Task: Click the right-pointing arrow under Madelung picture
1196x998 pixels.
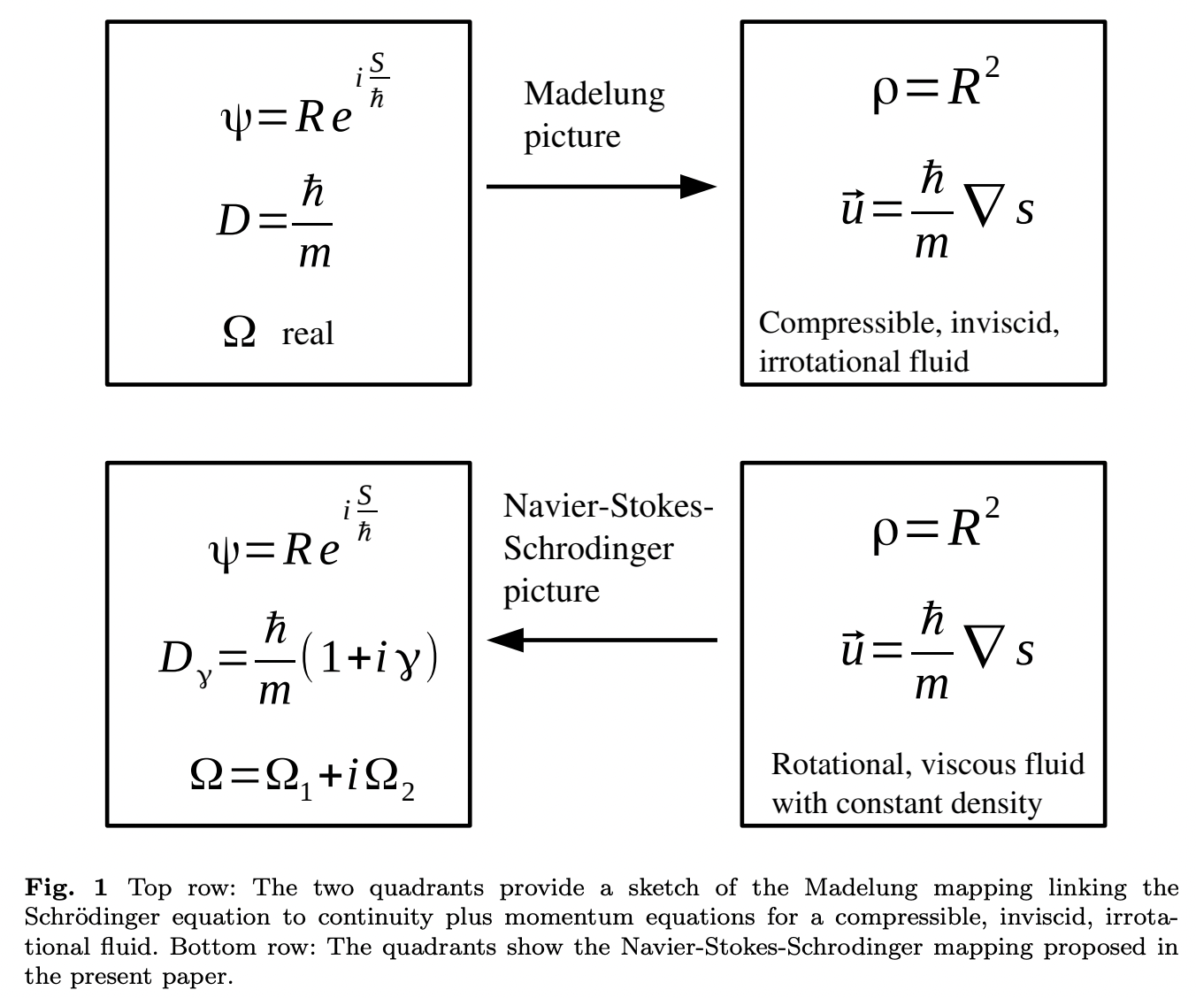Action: [x=601, y=187]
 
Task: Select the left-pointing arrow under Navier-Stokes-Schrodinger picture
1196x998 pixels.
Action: [x=602, y=639]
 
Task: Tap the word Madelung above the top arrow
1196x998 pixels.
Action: [x=594, y=94]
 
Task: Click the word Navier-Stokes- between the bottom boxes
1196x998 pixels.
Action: [x=608, y=506]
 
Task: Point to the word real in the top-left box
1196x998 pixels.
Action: [x=308, y=334]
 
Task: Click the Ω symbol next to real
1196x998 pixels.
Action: [x=240, y=333]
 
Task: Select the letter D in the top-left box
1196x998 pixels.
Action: [x=233, y=220]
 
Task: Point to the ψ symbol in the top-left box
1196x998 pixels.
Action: [x=235, y=118]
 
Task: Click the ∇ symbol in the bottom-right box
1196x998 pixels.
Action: [x=986, y=650]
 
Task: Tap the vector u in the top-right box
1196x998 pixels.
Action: [x=853, y=209]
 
